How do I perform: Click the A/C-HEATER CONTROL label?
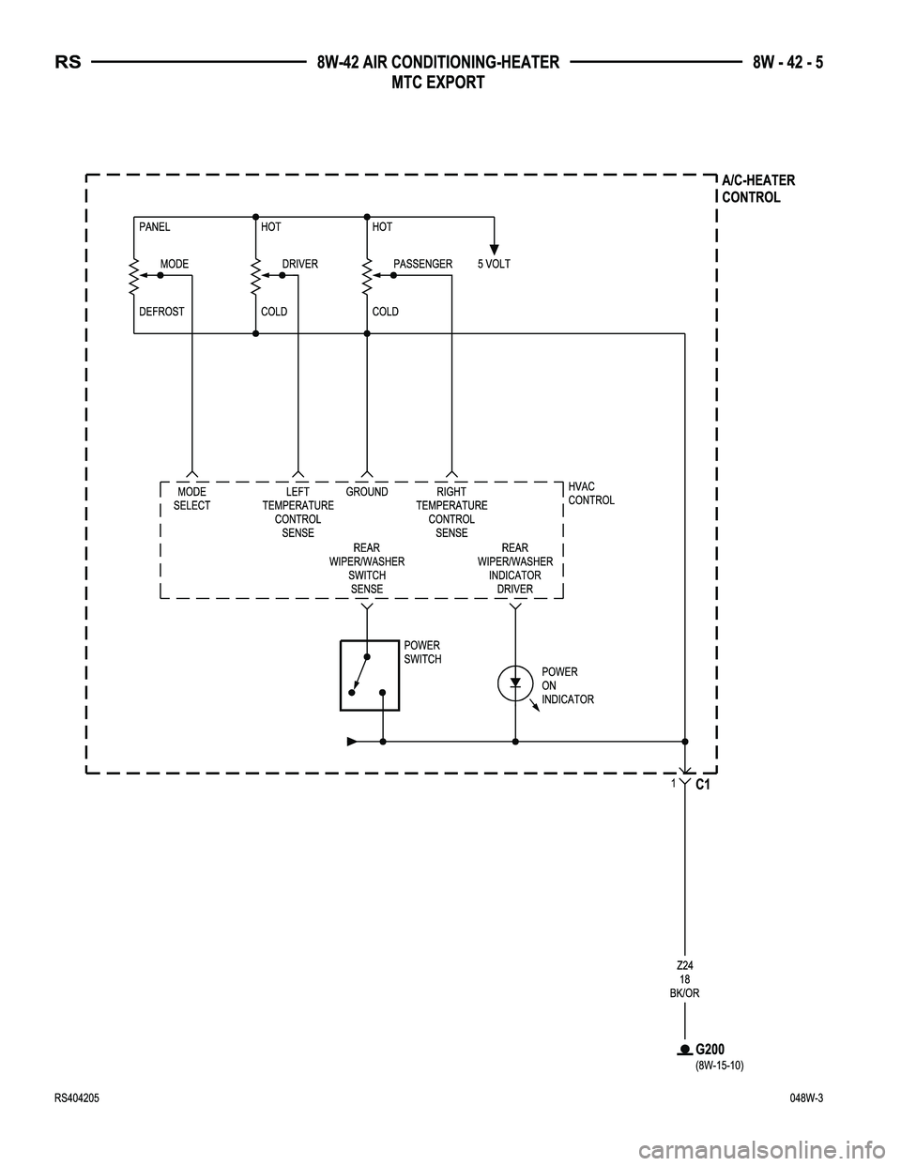[757, 189]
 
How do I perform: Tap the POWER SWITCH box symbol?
[370, 675]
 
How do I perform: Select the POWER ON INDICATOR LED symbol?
[515, 683]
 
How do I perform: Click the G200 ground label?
[710, 1049]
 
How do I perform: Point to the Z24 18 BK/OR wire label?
[685, 979]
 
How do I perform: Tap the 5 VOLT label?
[494, 265]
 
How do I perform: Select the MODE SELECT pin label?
[192, 499]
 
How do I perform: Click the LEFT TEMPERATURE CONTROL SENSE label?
[298, 513]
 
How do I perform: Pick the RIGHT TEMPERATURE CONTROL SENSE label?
[451, 513]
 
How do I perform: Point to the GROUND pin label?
[367, 492]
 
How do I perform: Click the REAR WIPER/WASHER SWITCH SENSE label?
[367, 568]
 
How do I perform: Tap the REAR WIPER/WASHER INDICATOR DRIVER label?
[515, 568]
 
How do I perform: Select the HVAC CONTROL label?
[591, 493]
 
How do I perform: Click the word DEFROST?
[161, 312]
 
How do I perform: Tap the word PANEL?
[155, 227]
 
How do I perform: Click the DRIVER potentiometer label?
[300, 265]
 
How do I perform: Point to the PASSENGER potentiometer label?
[422, 265]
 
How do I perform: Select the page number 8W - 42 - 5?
[794, 64]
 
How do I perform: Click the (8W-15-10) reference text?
[719, 1066]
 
